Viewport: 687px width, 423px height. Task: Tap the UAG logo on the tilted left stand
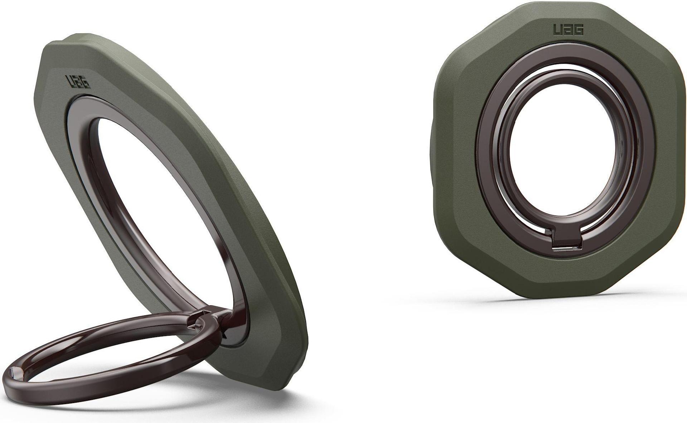tap(78, 82)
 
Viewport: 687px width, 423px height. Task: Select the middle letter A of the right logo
tap(568, 30)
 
